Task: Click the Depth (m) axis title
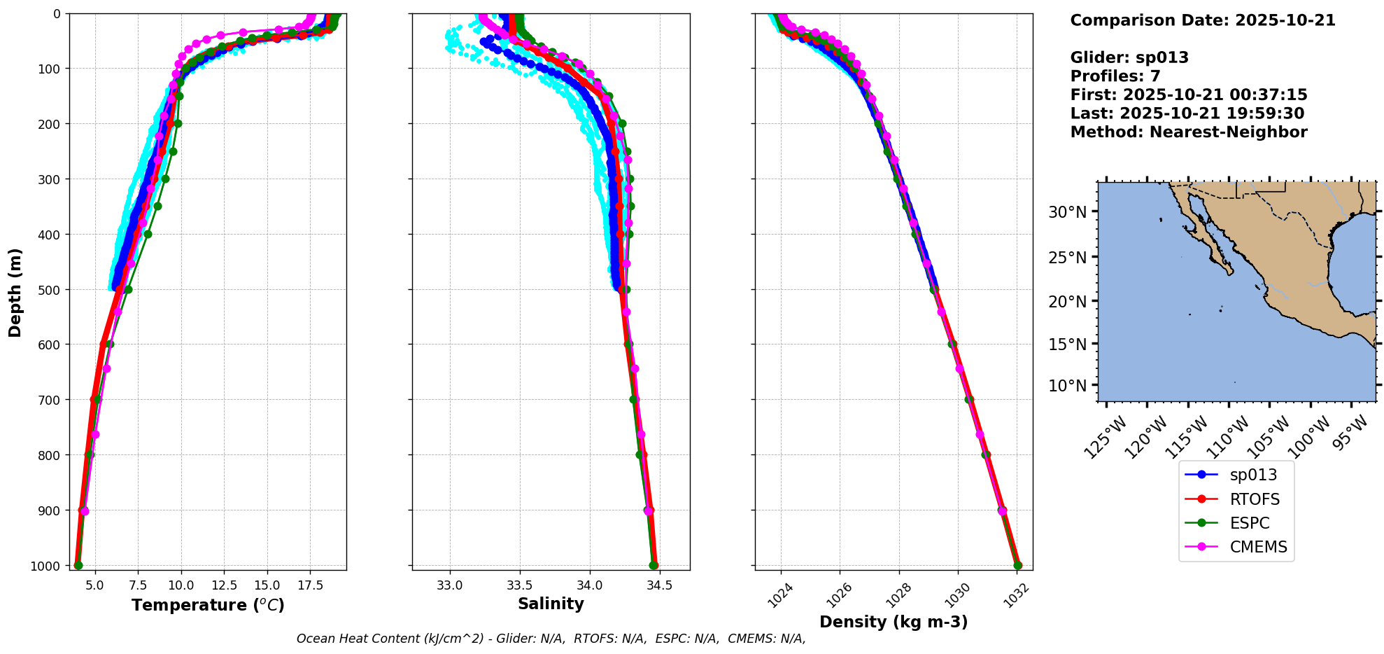[15, 292]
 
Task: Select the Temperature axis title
[208, 605]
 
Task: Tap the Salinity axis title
[551, 604]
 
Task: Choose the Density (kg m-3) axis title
[894, 622]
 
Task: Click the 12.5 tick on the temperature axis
[224, 585]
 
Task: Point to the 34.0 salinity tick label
[589, 585]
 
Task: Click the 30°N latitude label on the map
[1067, 212]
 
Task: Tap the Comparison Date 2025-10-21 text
[1203, 20]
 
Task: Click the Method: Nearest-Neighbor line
[1189, 132]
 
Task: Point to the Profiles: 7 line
[1115, 76]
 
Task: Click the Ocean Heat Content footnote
[551, 639]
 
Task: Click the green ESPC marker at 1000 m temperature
[78, 565]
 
